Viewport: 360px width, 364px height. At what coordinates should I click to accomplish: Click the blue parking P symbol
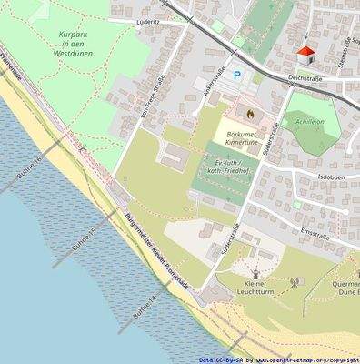(238, 76)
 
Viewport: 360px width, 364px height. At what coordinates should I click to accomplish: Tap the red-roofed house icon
(305, 55)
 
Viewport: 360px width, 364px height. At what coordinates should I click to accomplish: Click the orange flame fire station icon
(247, 114)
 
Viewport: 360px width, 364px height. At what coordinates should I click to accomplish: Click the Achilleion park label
(310, 120)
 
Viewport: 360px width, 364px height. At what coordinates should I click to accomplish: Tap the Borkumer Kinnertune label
(247, 139)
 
